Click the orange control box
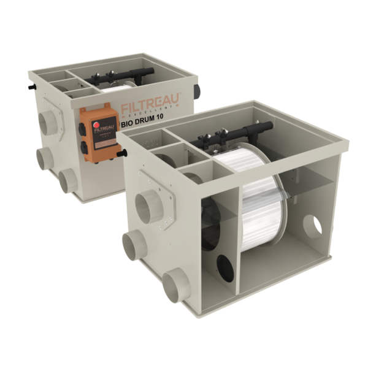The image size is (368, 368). coord(99,134)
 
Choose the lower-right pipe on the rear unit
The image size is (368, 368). coord(69,178)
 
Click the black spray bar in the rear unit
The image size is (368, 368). coord(123,77)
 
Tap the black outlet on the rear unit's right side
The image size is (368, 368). coord(196,92)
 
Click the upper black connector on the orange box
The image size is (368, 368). coord(82,128)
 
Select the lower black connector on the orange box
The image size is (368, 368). coord(83,148)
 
